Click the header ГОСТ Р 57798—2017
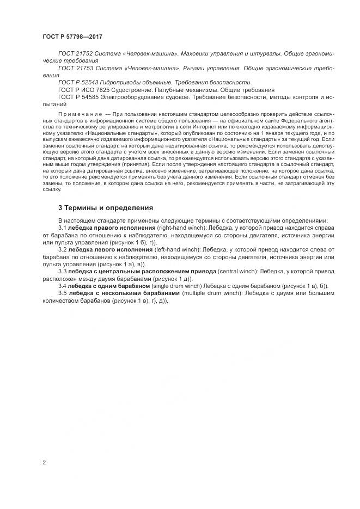click(72, 36)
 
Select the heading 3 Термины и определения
click(106, 208)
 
